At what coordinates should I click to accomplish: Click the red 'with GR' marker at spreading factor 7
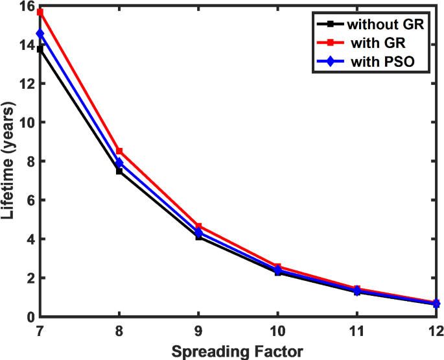pos(40,12)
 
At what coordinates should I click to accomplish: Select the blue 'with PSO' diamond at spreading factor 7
pos(40,34)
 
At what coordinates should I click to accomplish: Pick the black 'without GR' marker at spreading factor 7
pos(40,49)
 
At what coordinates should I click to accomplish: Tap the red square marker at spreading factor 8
pos(119,151)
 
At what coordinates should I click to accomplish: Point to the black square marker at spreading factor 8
pos(119,171)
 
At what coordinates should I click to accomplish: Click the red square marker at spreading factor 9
pos(198,226)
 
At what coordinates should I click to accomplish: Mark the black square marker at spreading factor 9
pos(198,237)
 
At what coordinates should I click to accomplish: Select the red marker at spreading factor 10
pos(277,267)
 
